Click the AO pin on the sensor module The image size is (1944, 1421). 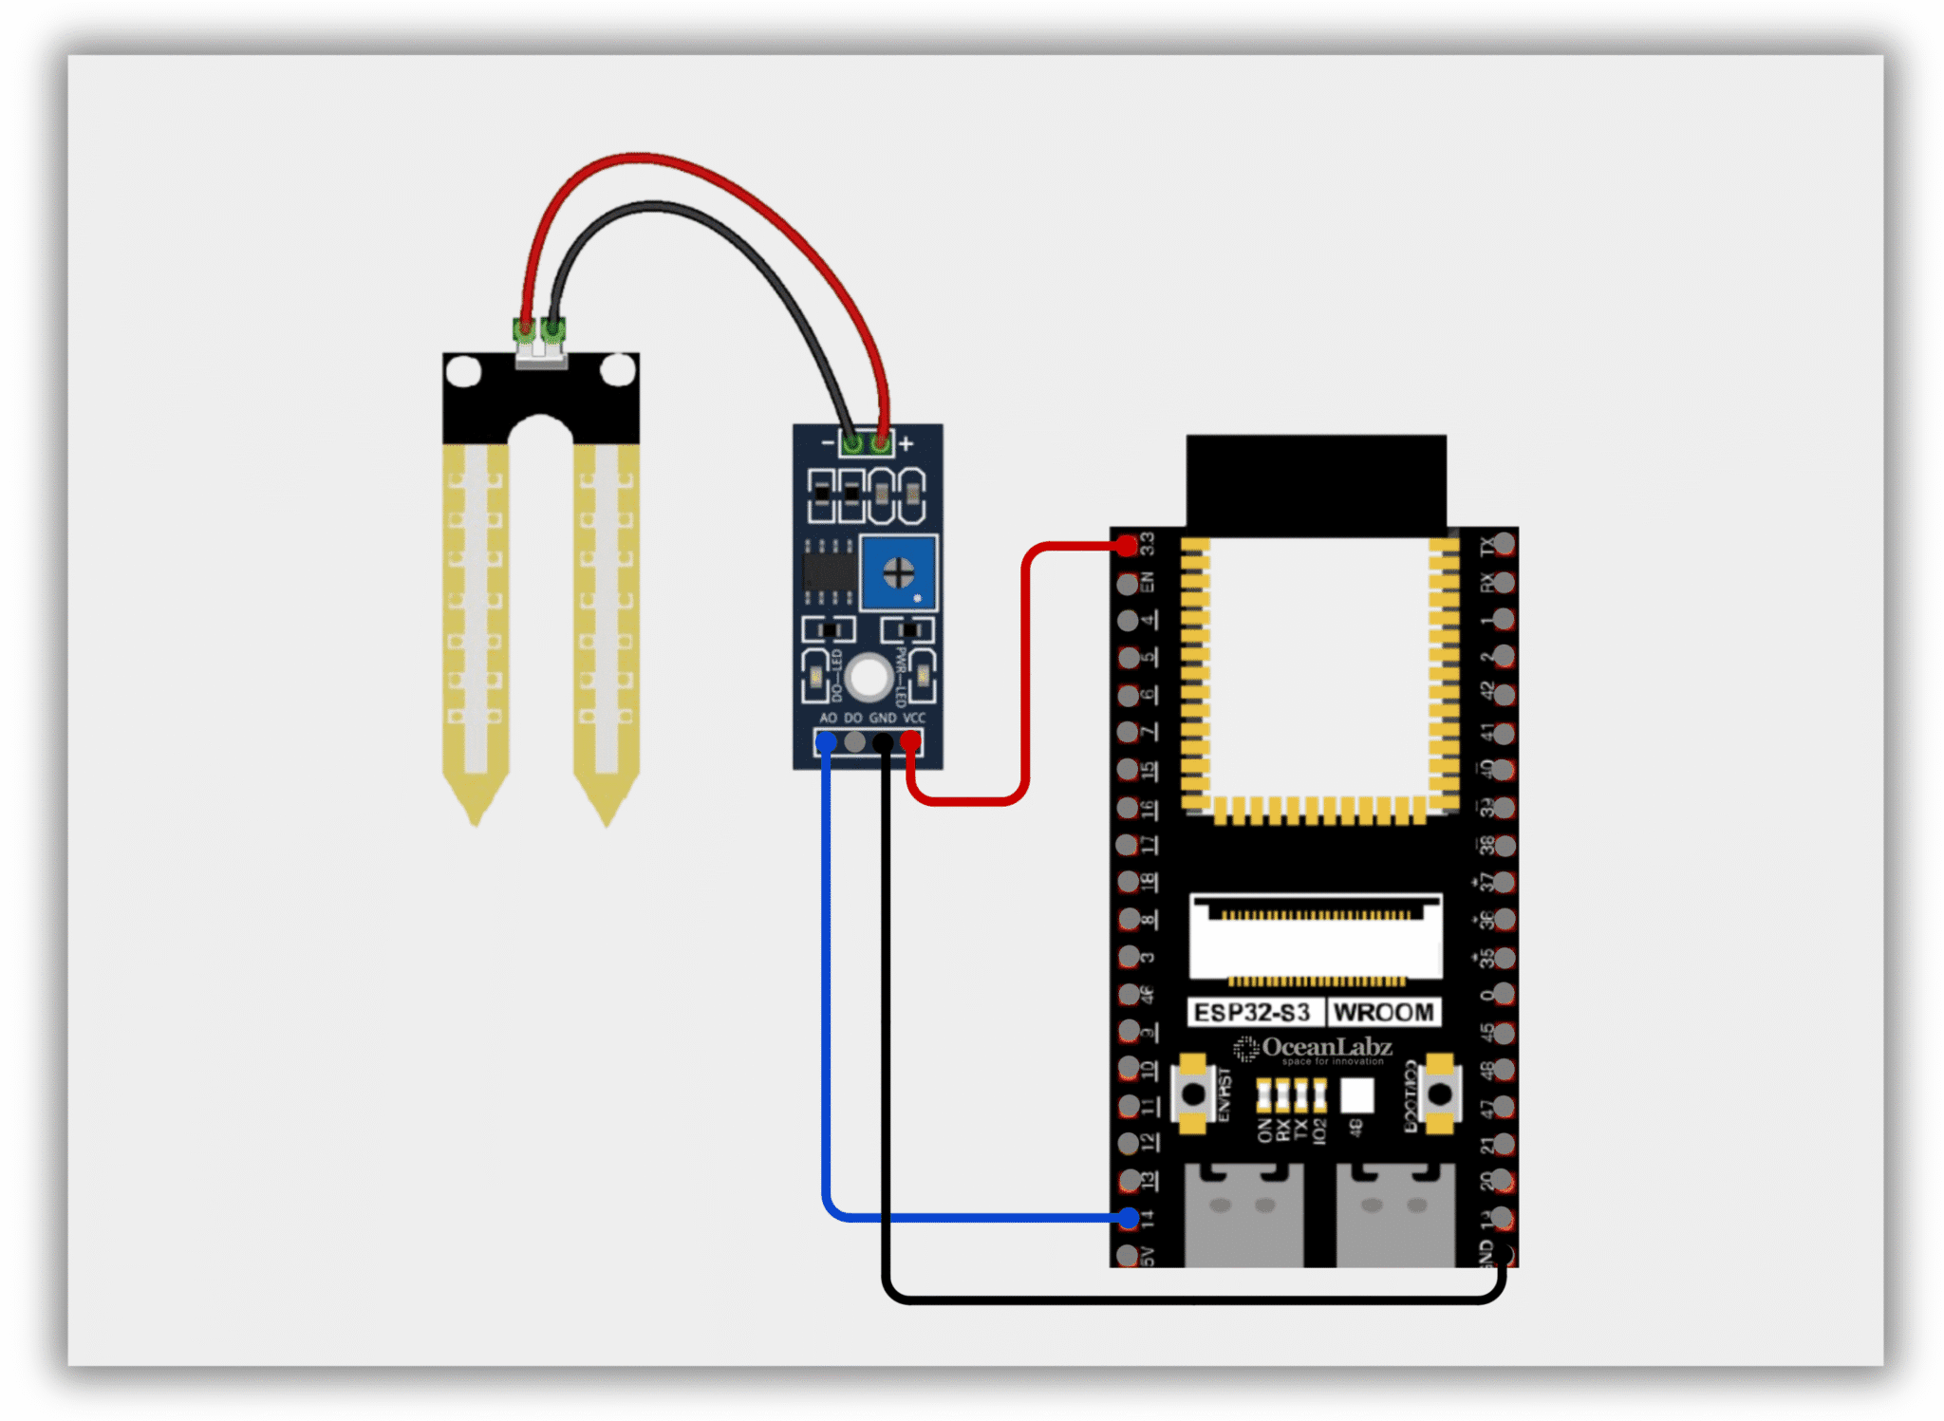(x=826, y=741)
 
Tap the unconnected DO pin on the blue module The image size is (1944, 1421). (x=854, y=741)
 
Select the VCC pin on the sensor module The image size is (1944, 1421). (x=910, y=740)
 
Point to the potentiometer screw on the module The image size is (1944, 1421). (x=898, y=572)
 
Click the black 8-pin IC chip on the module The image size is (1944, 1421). (x=829, y=571)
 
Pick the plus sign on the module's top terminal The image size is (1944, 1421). (x=907, y=443)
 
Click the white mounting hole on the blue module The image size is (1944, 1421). (x=869, y=677)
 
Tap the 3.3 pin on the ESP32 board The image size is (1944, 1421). (x=1127, y=546)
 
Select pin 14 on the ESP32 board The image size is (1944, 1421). (x=1128, y=1218)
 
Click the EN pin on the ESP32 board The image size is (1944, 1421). (x=1127, y=583)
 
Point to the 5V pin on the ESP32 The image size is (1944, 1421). (x=1127, y=1255)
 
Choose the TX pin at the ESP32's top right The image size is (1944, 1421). (x=1503, y=545)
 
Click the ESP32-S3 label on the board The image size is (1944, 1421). (x=1252, y=1013)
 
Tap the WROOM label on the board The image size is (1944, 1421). (x=1383, y=1013)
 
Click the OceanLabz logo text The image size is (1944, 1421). (x=1326, y=1048)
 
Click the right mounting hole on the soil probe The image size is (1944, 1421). (x=618, y=370)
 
